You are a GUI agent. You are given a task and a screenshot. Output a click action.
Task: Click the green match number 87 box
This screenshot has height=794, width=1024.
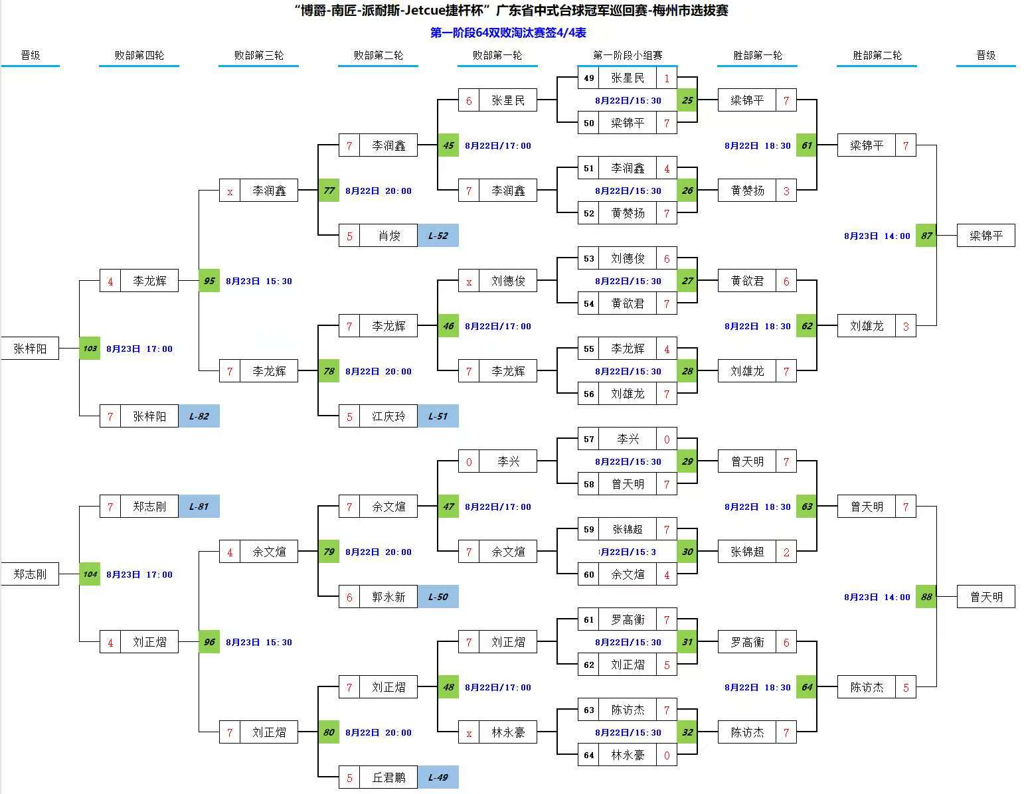click(926, 236)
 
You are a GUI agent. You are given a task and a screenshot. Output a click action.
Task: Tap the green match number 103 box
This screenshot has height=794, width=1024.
click(90, 349)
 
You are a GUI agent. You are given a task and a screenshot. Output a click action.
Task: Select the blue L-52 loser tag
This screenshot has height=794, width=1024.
click(438, 236)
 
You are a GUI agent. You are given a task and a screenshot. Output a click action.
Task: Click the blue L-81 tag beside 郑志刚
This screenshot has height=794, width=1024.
click(199, 507)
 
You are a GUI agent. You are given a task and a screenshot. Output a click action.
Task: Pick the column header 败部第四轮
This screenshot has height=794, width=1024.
click(139, 55)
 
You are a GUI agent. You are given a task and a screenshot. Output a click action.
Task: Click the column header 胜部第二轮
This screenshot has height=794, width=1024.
click(877, 55)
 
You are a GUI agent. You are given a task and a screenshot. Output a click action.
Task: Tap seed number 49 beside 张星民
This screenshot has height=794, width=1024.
click(588, 78)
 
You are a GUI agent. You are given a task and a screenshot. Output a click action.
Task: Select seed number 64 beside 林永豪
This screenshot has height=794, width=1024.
click(588, 755)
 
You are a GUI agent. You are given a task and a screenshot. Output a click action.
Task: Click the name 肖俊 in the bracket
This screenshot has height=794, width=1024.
click(388, 236)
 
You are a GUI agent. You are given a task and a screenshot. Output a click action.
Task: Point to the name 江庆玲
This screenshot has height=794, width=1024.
click(388, 416)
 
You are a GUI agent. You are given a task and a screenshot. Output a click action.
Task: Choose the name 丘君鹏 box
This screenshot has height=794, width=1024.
click(388, 777)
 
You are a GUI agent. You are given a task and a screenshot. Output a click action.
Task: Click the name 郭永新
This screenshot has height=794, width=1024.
click(388, 597)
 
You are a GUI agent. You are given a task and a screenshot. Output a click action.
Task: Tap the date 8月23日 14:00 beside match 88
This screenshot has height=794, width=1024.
click(877, 597)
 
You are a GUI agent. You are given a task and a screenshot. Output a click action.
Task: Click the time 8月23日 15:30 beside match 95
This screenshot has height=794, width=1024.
click(259, 281)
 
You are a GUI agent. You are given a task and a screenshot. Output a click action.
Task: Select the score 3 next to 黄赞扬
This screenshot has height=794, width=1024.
click(786, 191)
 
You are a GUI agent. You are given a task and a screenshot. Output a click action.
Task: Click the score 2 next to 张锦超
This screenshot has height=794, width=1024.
click(786, 552)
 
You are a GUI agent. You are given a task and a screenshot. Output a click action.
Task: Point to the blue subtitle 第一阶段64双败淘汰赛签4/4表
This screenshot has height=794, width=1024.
click(508, 33)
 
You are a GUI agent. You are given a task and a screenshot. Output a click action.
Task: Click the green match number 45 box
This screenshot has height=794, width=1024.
click(448, 145)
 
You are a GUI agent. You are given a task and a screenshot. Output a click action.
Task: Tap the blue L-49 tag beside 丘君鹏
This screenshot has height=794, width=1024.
click(438, 777)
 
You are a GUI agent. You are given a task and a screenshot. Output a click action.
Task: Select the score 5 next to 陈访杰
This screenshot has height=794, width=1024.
click(906, 687)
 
